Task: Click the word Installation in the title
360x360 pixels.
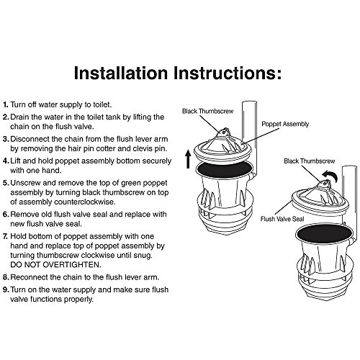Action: tap(121, 73)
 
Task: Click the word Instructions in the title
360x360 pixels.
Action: tap(228, 73)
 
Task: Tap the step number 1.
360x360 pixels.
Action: tap(5, 104)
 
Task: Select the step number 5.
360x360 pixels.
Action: tap(6, 183)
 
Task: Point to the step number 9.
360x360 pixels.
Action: tap(6, 289)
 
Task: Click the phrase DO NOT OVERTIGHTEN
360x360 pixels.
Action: tap(55, 265)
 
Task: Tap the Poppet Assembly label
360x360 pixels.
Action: tap(285, 124)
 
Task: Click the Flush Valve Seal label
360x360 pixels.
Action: tap(282, 219)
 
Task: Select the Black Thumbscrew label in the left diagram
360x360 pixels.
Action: tap(208, 111)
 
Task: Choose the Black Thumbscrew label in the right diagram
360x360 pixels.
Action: tap(310, 161)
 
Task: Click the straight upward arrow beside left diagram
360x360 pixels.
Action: tap(188, 159)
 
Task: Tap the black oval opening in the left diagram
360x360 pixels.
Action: tap(225, 169)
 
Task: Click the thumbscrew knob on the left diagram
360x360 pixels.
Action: tap(224, 132)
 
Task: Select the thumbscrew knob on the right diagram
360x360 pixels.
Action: tap(325, 184)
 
